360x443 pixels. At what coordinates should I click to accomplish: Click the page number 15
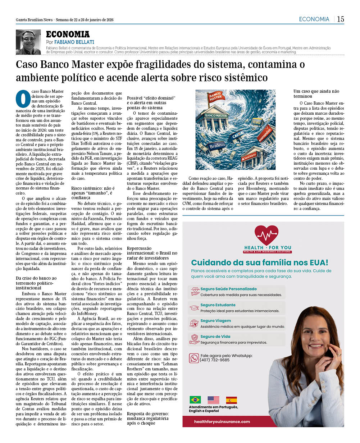coord(340,19)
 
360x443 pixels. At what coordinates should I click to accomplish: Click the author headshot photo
coord(28,42)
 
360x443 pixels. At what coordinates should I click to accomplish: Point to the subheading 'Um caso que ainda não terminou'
coord(316,94)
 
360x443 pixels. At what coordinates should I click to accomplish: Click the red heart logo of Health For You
coord(266,236)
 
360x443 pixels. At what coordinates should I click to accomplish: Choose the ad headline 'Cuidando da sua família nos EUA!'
coord(259,262)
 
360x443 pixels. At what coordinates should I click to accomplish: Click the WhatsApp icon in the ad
coord(194,358)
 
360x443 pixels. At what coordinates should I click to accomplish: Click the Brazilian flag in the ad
coord(195,399)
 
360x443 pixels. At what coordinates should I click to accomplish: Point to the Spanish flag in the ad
coord(231,399)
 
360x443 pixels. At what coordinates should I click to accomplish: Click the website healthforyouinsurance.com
coord(222,421)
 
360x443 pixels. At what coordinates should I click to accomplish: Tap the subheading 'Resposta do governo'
coord(147,418)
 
